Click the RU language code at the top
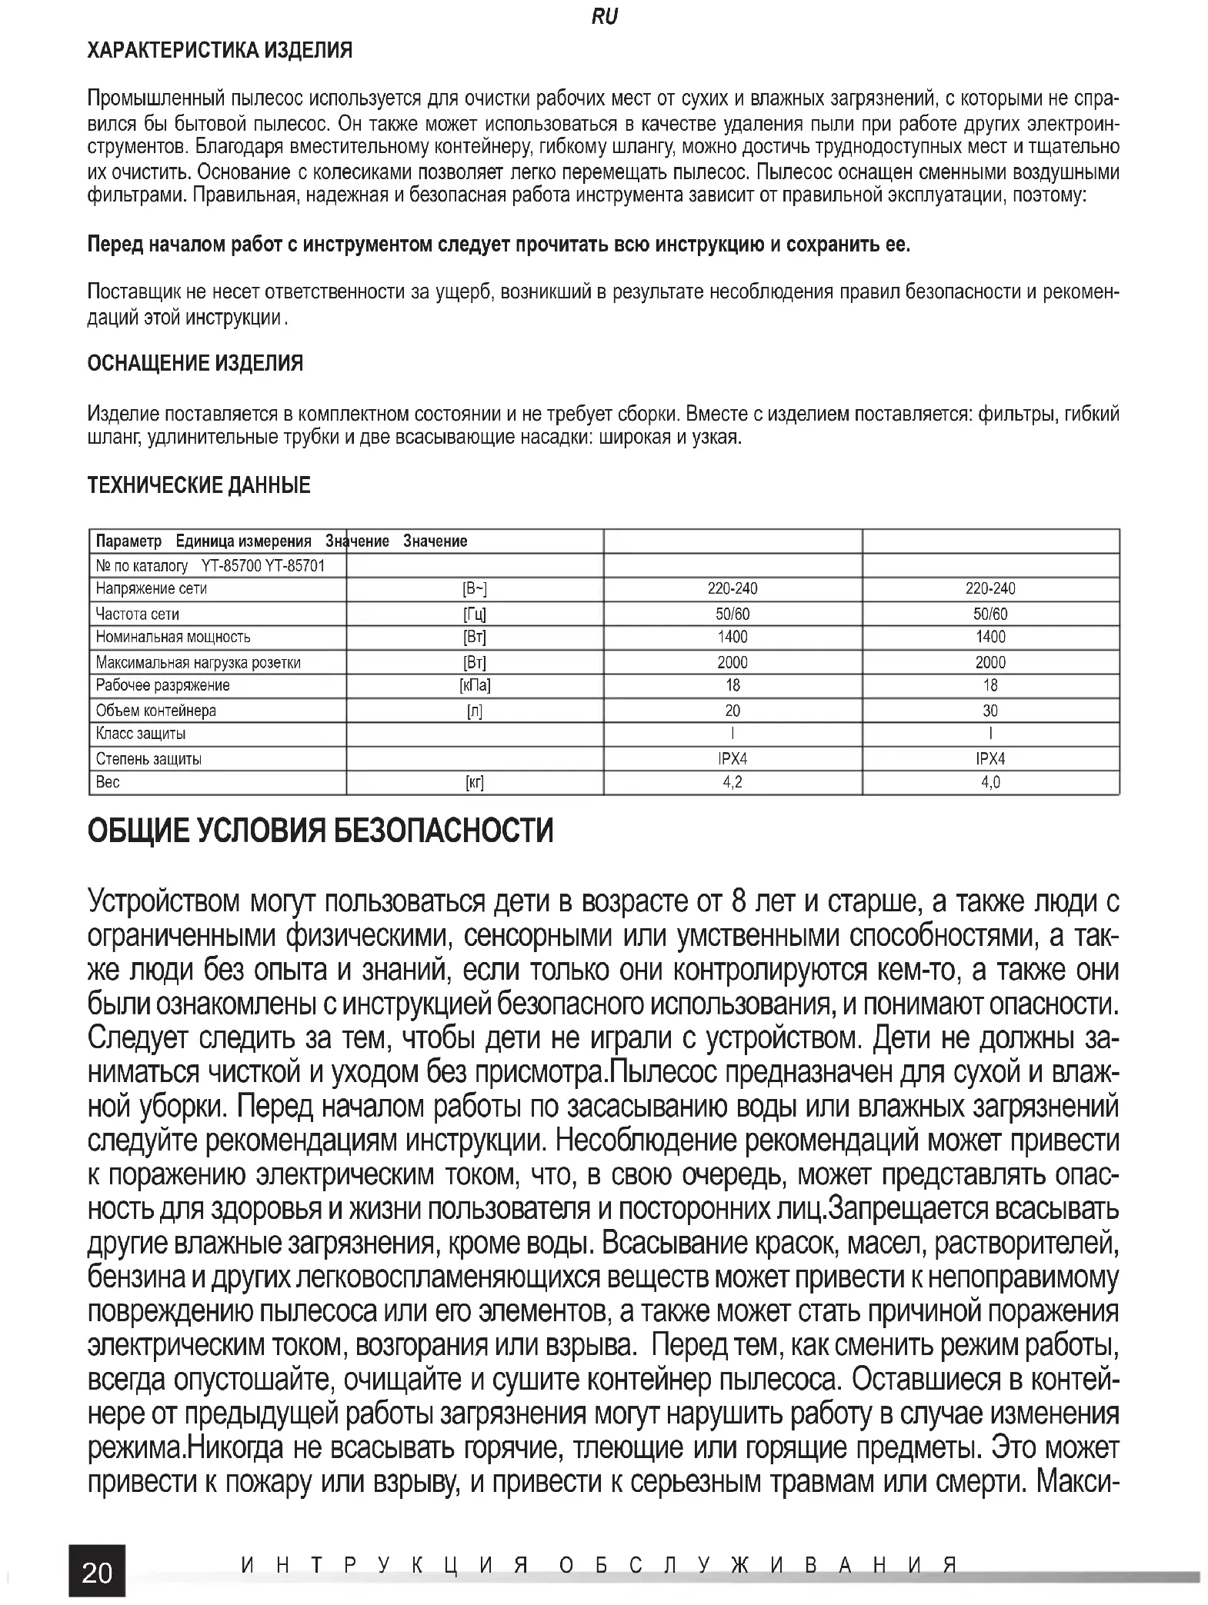pos(604,17)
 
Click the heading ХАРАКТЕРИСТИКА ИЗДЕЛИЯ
pos(220,51)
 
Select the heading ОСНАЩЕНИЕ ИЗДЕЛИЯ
pos(195,363)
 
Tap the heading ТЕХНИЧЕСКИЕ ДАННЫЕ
pos(199,485)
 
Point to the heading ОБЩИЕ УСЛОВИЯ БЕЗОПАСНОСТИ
pos(320,832)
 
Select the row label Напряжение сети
pos(152,589)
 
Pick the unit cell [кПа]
pos(475,685)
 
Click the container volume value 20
pos(732,711)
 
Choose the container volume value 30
pos(990,711)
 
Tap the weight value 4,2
pos(732,783)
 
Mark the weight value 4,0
pos(990,783)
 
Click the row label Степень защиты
pos(148,759)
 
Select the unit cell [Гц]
pos(475,614)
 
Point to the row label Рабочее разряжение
pos(162,685)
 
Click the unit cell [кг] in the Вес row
pos(475,783)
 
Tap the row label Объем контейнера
pos(155,711)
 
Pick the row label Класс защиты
pos(141,734)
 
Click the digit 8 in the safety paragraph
pos(739,901)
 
